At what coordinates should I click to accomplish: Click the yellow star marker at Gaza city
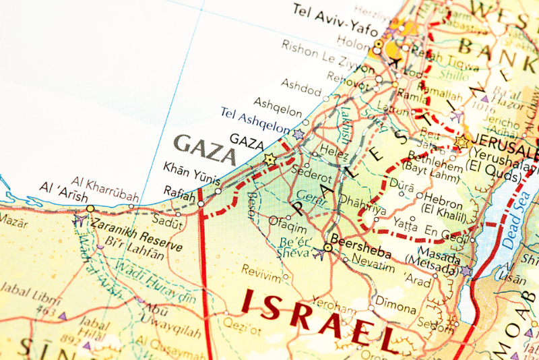(270, 159)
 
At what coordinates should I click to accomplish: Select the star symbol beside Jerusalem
(462, 142)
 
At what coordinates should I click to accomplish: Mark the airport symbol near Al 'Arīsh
(79, 219)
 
